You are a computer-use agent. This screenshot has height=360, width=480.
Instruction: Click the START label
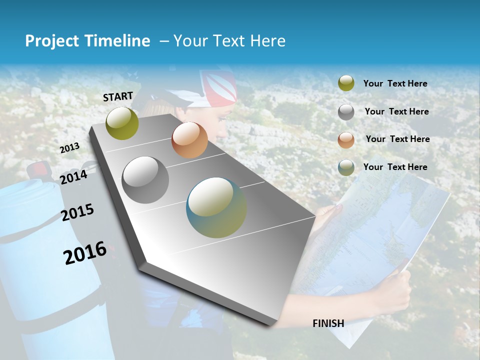pos(118,96)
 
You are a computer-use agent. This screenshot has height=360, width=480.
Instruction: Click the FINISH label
pos(328,323)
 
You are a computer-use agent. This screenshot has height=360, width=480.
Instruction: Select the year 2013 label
pos(70,147)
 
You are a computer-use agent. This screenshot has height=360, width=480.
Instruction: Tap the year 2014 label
pos(74,177)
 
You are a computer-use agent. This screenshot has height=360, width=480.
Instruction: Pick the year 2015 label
pos(77,213)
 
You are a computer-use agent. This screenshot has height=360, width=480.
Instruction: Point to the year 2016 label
pos(85,252)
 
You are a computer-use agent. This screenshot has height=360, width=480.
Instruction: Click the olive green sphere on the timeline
pos(122,123)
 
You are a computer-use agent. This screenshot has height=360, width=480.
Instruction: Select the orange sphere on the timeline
pos(189,140)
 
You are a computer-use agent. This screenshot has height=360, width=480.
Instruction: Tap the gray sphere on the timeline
pos(145,180)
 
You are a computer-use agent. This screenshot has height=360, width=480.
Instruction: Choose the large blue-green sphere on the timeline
pos(216,207)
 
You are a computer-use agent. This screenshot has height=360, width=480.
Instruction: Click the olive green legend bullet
pos(346,83)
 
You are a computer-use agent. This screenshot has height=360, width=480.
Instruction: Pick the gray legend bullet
pos(346,112)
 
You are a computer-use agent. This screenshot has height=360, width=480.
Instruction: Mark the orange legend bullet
pos(346,139)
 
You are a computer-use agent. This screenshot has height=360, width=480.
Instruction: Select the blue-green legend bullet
pos(346,167)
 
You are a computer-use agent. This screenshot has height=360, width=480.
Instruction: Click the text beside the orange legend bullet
pos(397,139)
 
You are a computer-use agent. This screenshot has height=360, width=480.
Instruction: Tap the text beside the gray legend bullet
pos(396,111)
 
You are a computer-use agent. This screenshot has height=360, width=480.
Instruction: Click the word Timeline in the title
pos(113,41)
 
